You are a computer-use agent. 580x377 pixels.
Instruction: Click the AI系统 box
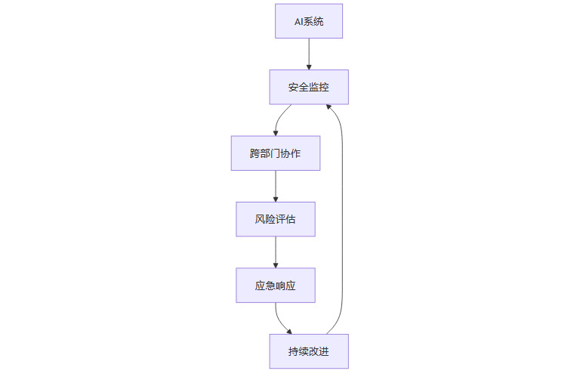(x=309, y=21)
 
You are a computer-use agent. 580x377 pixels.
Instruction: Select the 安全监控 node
(x=309, y=87)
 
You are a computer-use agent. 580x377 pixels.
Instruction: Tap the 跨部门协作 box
(x=275, y=153)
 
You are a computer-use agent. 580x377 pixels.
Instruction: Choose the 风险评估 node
(x=275, y=219)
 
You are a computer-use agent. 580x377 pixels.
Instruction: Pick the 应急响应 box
(x=275, y=285)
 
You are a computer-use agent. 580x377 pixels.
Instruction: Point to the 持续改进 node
(x=309, y=351)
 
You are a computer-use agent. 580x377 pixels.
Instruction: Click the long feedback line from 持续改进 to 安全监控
(x=343, y=219)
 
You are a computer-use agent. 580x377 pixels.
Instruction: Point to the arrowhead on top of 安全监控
(x=309, y=66)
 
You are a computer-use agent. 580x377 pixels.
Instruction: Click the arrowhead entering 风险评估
(x=275, y=199)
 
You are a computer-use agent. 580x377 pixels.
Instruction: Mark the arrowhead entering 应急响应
(x=275, y=264)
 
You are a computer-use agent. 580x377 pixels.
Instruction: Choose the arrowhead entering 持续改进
(x=289, y=331)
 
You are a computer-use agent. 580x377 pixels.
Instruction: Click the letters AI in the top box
(x=299, y=21)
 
